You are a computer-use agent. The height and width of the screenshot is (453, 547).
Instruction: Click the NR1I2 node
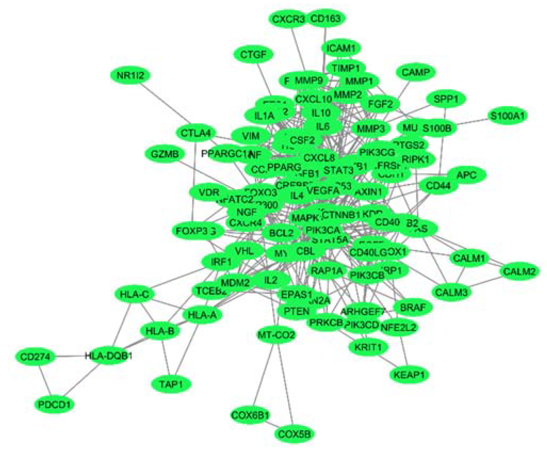(130, 76)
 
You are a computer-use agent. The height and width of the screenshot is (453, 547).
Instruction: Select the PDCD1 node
(54, 405)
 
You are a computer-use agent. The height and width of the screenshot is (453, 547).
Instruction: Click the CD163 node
(325, 19)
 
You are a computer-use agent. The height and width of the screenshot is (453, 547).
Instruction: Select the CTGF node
(253, 55)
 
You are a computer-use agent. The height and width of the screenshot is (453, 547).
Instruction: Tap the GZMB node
(165, 154)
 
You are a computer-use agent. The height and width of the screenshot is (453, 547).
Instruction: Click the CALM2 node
(519, 272)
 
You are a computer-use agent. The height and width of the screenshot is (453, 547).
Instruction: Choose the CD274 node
(35, 356)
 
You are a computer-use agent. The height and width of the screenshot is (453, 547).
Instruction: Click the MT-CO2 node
(276, 335)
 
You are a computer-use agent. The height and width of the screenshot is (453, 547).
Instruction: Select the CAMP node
(416, 72)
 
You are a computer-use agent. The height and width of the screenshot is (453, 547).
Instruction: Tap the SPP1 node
(446, 99)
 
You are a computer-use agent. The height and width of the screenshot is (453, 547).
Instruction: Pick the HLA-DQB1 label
(108, 356)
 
